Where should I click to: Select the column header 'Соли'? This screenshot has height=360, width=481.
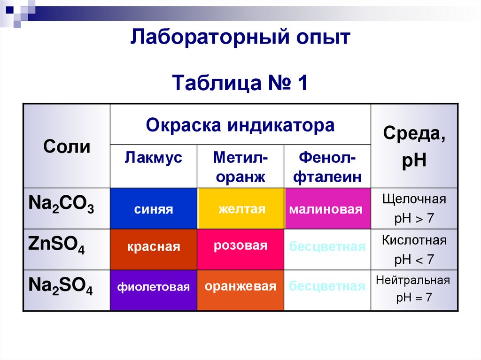(x=67, y=146)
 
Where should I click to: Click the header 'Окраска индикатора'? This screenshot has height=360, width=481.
(x=240, y=125)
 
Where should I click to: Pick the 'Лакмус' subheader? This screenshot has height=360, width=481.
(x=153, y=158)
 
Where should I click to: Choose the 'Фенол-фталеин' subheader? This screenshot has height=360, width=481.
(x=327, y=167)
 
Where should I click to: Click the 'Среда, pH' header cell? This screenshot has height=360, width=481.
(x=414, y=146)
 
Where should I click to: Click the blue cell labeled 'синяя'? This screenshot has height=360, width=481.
(x=153, y=209)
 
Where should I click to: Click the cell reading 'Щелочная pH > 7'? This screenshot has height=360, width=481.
(x=414, y=208)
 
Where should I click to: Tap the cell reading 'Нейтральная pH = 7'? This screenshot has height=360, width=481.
(x=413, y=289)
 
